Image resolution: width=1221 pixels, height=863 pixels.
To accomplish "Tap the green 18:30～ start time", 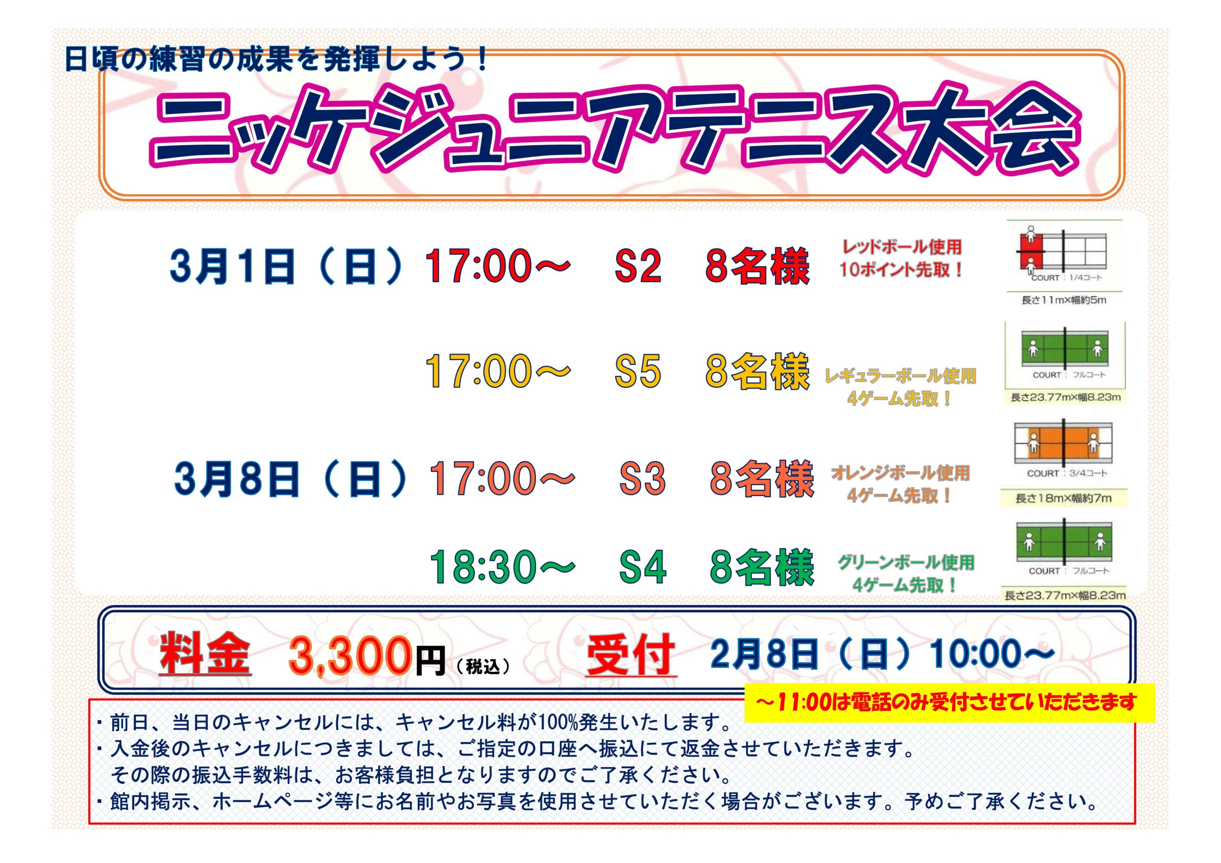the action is tap(502, 567).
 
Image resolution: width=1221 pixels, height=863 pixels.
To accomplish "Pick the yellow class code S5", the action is tap(638, 371).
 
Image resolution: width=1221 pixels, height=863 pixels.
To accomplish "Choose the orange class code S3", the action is tap(642, 478).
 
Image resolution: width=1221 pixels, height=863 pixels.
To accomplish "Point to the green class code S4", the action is tap(642, 567).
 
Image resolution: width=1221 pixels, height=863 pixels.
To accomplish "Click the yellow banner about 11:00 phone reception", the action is tap(949, 703).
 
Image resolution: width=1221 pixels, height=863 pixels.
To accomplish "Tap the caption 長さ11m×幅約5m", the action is tap(1064, 300).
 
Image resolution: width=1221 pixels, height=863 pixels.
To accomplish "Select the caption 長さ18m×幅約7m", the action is tap(1064, 499).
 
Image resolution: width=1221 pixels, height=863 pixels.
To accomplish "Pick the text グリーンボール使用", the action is tap(906, 562).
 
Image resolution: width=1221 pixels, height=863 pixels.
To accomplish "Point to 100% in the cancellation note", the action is tap(556, 723).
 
